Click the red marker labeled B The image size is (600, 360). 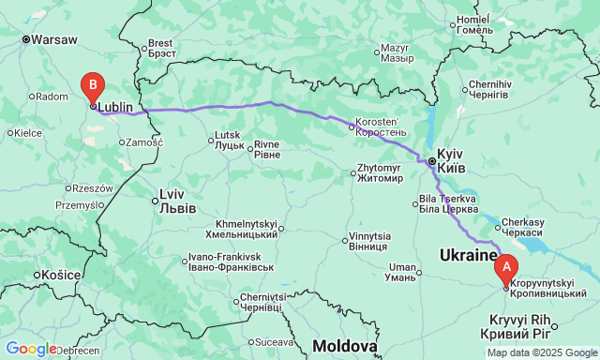tap(92, 87)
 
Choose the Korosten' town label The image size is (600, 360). tap(379, 127)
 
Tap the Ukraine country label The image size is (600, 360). tap(469, 255)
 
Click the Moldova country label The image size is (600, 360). tap(345, 346)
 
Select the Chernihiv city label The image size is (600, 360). tap(488, 89)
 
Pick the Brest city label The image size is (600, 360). tap(160, 48)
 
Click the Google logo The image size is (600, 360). tap(30, 349)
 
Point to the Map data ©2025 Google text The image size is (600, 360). tap(541, 352)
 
